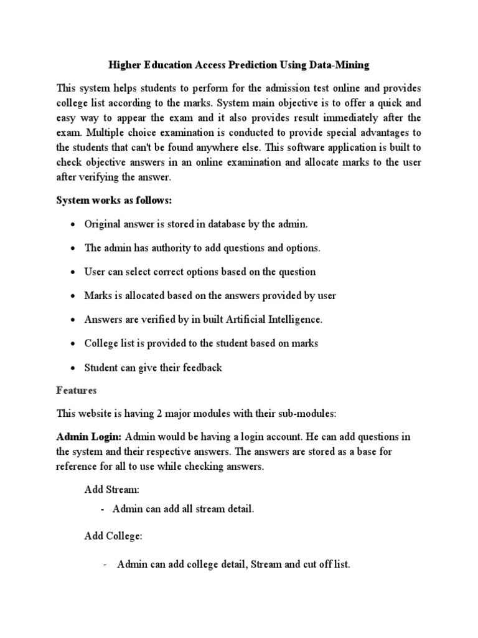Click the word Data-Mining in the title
[x=341, y=64]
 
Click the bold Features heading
[x=77, y=390]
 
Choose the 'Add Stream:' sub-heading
[x=110, y=490]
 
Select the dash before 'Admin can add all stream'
[x=102, y=510]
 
